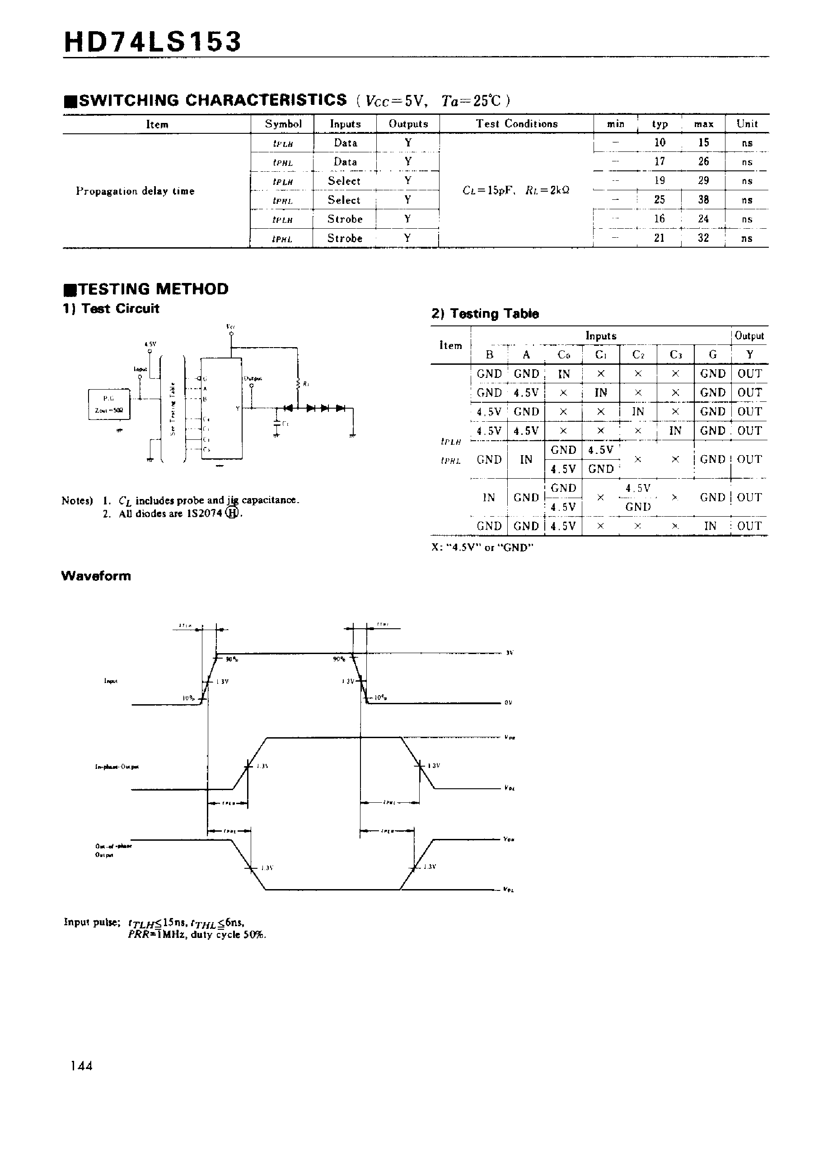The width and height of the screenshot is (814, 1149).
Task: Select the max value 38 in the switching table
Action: pyautogui.click(x=703, y=200)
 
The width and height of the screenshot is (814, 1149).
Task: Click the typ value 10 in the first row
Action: pyautogui.click(x=660, y=142)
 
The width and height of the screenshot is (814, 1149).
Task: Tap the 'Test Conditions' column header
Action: pyautogui.click(x=516, y=124)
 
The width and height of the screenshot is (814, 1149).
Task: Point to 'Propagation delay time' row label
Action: pyautogui.click(x=136, y=191)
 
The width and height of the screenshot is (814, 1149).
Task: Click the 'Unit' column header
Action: pyautogui.click(x=747, y=124)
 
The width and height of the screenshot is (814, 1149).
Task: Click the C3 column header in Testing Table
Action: pyautogui.click(x=675, y=355)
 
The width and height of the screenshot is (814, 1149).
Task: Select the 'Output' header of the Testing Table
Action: pyautogui.click(x=749, y=336)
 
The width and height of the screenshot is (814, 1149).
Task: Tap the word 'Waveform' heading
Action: pyautogui.click(x=96, y=576)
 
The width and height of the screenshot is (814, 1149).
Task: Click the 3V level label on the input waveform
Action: pyautogui.click(x=509, y=653)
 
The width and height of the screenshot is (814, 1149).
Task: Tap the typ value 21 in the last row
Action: pyautogui.click(x=659, y=238)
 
